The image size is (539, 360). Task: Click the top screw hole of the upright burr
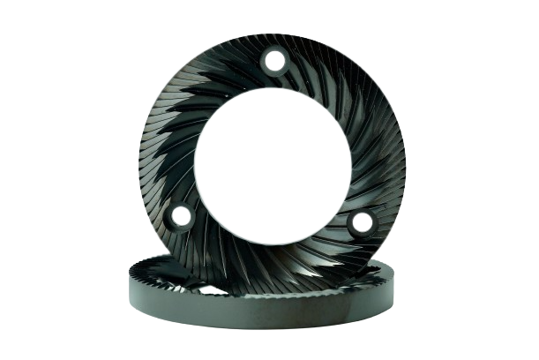click(x=275, y=62)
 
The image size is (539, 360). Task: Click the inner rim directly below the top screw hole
click(x=275, y=90)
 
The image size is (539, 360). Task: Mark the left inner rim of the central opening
click(x=198, y=168)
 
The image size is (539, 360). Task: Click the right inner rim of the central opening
click(x=350, y=168)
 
